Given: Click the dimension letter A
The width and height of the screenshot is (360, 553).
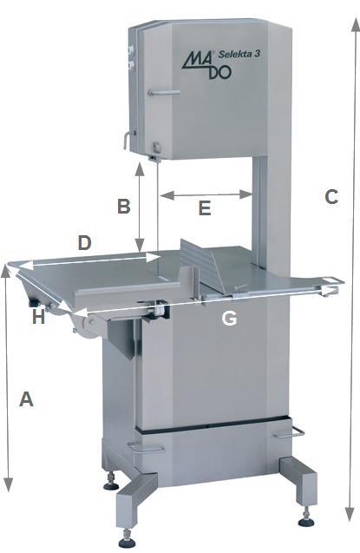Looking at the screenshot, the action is (26, 398).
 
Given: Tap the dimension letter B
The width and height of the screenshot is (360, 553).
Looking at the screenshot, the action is (124, 206).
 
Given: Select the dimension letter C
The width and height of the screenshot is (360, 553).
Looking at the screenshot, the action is (331, 197).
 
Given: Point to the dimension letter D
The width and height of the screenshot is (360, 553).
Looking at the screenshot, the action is (84, 243).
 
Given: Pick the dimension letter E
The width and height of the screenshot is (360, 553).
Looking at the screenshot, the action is (205, 207).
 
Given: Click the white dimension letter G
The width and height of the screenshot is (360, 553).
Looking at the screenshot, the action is (229, 319).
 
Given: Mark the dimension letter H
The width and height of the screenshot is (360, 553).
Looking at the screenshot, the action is (38, 317).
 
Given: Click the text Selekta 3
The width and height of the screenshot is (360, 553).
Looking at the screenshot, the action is (239, 54).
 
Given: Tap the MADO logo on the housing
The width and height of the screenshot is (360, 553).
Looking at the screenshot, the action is (206, 65).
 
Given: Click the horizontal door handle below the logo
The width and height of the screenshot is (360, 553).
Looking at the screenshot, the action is (164, 93).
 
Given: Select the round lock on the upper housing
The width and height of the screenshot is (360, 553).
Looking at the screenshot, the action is (156, 146).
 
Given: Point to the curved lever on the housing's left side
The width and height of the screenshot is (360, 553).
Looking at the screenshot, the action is (128, 140).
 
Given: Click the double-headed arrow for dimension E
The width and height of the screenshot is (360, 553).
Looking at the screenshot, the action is (206, 194).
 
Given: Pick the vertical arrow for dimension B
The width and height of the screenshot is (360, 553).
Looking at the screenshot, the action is (140, 207).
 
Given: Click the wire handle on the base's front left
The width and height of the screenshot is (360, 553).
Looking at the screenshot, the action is (146, 447).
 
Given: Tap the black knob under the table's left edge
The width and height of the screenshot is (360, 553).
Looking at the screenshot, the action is (35, 303).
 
